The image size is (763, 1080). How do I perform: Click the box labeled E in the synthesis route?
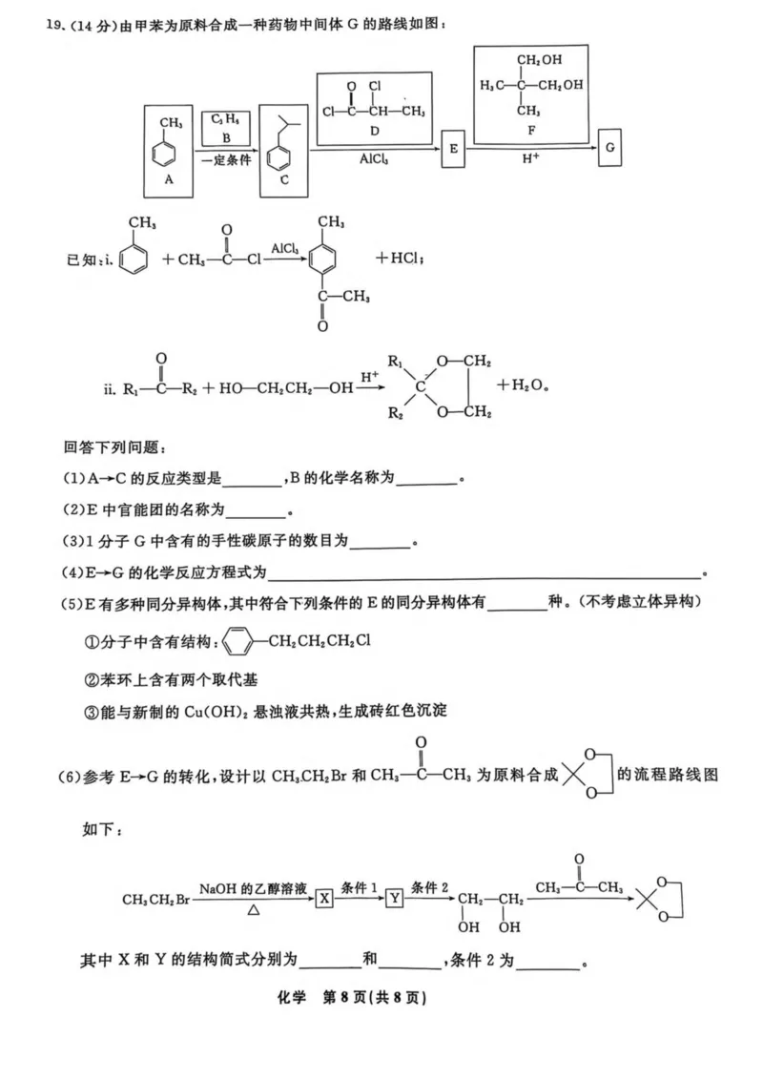tap(453, 151)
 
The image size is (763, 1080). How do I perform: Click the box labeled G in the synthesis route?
tap(609, 149)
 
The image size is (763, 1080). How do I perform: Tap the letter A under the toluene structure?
tap(169, 178)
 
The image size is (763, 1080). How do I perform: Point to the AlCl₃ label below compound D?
tap(374, 159)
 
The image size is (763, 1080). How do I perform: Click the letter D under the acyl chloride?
tap(374, 131)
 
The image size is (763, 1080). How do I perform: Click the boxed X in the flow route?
tap(325, 898)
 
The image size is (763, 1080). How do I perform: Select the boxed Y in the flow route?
tap(394, 898)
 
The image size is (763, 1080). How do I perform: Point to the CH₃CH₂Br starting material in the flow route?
tap(156, 899)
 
